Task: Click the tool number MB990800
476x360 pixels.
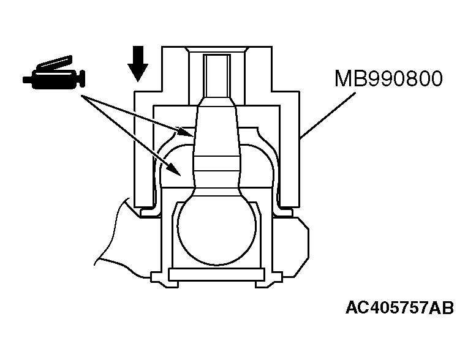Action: [388, 78]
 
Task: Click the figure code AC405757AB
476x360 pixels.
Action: [399, 307]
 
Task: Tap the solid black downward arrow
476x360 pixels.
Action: [137, 64]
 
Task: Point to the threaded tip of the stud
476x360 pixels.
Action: [217, 76]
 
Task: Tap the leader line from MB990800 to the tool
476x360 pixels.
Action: [327, 116]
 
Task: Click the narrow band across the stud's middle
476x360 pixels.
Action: [216, 163]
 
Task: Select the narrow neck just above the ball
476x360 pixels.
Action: [217, 191]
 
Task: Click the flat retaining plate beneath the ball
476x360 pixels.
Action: [216, 274]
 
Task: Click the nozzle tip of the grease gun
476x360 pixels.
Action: [27, 80]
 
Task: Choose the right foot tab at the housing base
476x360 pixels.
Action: [269, 280]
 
